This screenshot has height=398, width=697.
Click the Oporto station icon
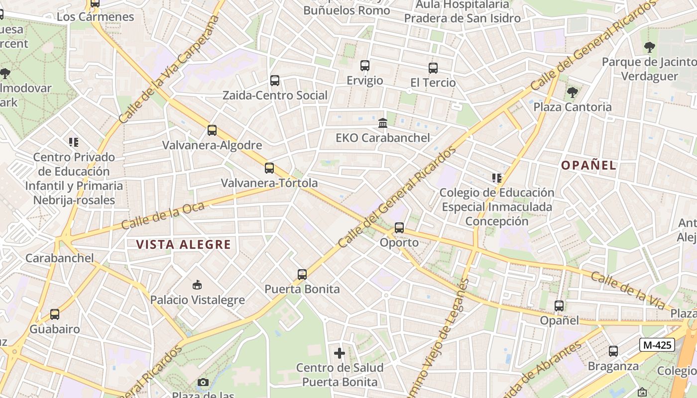(x=399, y=228)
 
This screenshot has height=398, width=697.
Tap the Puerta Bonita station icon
(x=302, y=274)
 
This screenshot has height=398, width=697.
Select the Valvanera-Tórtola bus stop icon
(x=269, y=168)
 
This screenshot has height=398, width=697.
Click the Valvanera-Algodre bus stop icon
(x=212, y=130)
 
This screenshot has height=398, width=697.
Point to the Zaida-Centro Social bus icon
(x=274, y=81)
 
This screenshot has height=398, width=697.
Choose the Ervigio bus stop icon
(x=365, y=66)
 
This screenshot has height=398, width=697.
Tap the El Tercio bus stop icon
(x=433, y=68)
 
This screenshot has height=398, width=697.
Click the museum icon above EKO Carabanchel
(x=383, y=123)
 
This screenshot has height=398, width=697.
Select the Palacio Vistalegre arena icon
(x=197, y=285)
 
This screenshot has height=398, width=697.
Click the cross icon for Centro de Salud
(x=340, y=353)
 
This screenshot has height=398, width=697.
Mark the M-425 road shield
(x=657, y=345)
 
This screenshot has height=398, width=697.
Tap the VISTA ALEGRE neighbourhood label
(x=184, y=245)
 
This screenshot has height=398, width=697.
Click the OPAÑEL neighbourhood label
(x=589, y=166)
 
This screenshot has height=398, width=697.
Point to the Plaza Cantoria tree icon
(x=573, y=92)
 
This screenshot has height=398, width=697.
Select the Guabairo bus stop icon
(x=55, y=314)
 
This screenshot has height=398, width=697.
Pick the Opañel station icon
(x=559, y=306)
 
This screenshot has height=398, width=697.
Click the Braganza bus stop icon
(x=613, y=351)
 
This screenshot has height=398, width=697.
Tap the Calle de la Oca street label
(x=163, y=215)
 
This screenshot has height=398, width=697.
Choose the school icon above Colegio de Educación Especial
(x=496, y=178)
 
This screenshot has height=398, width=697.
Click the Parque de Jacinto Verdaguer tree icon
(x=649, y=48)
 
